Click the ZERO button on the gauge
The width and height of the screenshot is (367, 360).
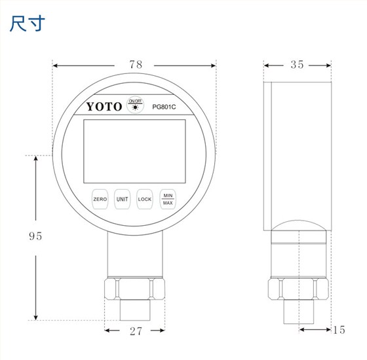pos(100,199)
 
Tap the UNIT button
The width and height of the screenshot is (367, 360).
pos(123,199)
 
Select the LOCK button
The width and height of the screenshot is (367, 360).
pos(145,199)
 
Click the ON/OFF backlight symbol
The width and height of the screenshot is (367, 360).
pos(135,104)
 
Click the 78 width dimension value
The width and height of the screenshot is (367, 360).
pos(136,65)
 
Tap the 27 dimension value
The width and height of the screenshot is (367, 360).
pos(136,331)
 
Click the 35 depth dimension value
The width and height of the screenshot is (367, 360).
pos(296,65)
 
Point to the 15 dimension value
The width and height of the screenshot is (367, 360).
pos(338,330)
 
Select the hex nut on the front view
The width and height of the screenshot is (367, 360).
pos(134,289)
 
